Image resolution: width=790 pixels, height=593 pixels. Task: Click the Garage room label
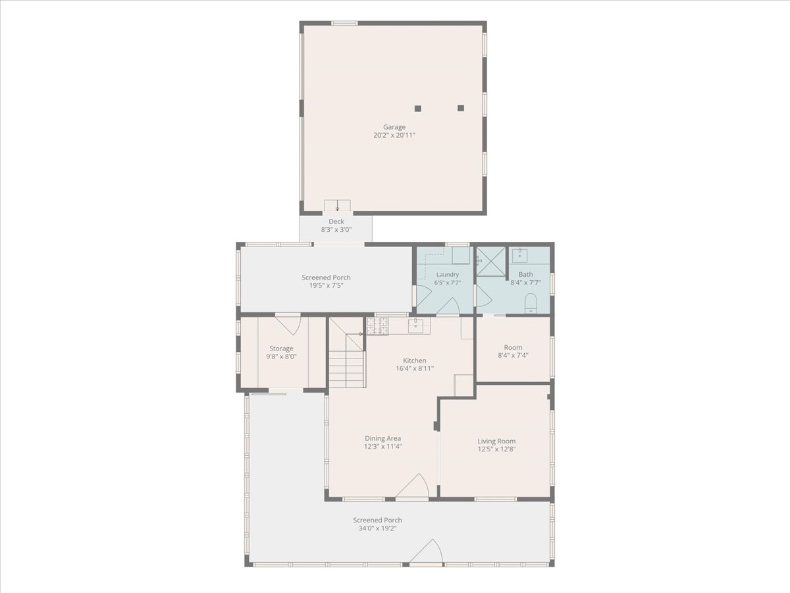click(x=394, y=131)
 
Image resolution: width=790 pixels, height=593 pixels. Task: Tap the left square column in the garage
click(x=417, y=108)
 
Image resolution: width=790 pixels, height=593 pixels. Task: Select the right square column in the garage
click(x=461, y=108)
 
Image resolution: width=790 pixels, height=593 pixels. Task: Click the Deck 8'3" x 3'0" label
click(x=336, y=225)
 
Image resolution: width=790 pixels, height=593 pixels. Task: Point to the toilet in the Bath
click(x=531, y=303)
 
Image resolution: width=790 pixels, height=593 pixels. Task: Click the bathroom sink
click(x=519, y=254)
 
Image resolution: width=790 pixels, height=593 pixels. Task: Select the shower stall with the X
click(x=491, y=262)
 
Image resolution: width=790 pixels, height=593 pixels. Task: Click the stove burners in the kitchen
click(x=377, y=326)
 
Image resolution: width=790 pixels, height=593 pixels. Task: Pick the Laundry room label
click(x=448, y=278)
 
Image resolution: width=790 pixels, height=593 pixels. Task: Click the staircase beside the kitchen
click(x=346, y=353)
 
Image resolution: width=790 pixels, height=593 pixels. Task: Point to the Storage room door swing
click(x=288, y=324)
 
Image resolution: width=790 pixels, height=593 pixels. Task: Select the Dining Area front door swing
click(x=413, y=486)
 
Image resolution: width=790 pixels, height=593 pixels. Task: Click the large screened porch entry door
click(x=426, y=551)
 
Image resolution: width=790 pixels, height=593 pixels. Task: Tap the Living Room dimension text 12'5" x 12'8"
click(x=496, y=449)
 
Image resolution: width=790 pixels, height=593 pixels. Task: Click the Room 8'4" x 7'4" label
click(x=513, y=351)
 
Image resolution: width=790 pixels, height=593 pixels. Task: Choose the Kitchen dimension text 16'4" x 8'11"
click(x=415, y=368)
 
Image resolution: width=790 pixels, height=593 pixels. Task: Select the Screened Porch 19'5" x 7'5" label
click(x=326, y=281)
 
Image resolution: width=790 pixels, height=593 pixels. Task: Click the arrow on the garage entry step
click(x=337, y=206)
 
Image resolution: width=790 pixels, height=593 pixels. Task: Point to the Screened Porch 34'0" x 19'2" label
click(x=377, y=524)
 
